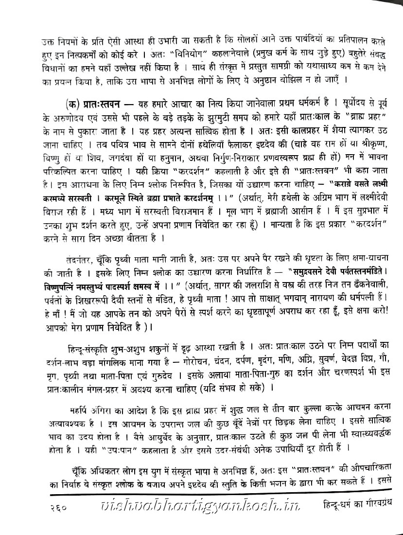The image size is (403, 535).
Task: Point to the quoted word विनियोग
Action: tap(200, 52)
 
